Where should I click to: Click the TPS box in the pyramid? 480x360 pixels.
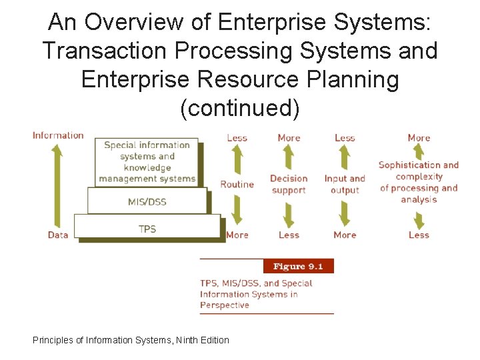pos(147,228)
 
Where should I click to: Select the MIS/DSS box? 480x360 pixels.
pos(147,201)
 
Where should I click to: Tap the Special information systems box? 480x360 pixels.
pos(147,161)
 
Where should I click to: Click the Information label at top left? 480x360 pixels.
pos(58,135)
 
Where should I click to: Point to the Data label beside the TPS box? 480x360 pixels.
pos(58,235)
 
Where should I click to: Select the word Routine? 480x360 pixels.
pos(237,185)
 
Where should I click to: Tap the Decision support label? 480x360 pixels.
pos(289,185)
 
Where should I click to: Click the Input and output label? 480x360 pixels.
pos(345,185)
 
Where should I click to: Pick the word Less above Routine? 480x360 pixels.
pos(237,138)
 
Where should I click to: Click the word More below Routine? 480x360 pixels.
pos(237,235)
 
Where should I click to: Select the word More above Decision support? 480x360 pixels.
pos(289,138)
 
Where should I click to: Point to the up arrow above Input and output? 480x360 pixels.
pos(345,157)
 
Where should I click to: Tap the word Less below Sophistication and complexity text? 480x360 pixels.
pos(419,235)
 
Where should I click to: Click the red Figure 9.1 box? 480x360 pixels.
pos(298,266)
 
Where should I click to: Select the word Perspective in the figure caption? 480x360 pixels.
pos(225,305)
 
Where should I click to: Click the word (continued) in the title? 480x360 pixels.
pos(240,109)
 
